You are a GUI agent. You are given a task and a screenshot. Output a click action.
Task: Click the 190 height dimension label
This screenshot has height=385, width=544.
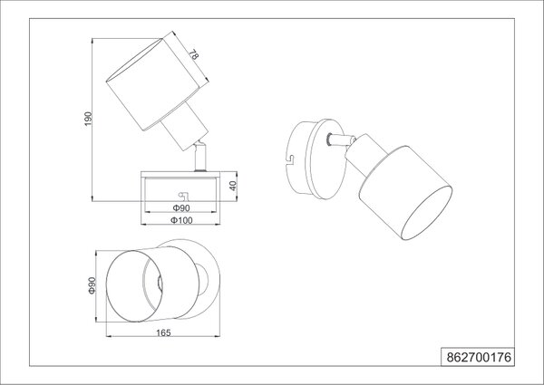89,119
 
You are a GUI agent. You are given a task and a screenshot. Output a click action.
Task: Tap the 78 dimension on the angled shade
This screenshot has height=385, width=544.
194,54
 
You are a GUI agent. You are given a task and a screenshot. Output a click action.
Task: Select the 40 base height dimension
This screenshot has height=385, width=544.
233,186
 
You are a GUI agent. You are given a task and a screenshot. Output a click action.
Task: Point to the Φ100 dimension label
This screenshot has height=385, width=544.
181,220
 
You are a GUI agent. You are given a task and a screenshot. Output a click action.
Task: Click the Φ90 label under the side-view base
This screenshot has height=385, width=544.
181,208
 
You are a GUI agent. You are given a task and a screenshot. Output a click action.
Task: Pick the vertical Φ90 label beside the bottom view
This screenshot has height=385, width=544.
92,285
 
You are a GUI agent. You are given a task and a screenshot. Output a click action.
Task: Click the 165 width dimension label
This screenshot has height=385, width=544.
163,333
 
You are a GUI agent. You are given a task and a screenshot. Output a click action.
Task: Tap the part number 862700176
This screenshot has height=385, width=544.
479,357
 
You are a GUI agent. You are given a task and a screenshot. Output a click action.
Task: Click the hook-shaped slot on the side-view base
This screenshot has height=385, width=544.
183,197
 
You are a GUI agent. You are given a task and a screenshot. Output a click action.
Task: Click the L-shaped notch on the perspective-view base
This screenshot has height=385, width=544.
290,159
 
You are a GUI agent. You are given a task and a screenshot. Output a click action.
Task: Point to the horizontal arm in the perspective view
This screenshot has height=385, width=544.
340,140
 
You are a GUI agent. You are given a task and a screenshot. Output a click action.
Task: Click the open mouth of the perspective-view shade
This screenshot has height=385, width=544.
426,213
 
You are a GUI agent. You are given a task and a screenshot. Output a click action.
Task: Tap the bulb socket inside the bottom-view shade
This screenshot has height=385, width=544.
160,284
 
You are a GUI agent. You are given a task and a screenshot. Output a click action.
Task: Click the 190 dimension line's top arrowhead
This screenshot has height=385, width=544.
92,41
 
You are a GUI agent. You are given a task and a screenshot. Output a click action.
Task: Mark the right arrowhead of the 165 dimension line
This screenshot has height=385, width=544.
218,336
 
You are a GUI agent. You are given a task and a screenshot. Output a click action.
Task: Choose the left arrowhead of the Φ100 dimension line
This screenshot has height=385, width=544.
143,225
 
